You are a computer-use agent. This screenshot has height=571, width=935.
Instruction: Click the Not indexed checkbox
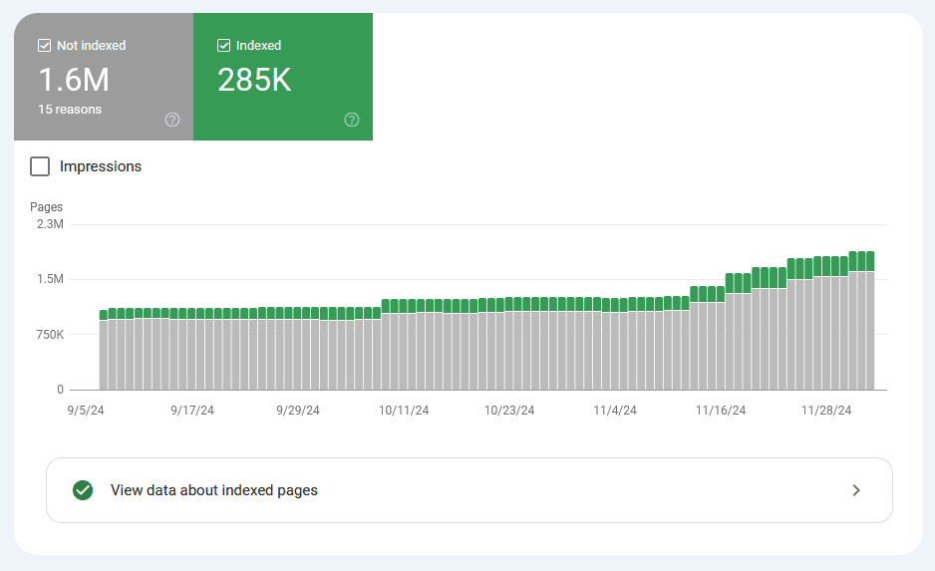pos(44,45)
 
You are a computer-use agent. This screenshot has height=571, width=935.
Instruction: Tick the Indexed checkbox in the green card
pos(223,45)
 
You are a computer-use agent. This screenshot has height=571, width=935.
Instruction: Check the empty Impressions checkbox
pos(40,166)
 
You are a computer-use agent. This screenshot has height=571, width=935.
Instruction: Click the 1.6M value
pos(74,80)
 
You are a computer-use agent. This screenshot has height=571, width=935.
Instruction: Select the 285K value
pos(254,80)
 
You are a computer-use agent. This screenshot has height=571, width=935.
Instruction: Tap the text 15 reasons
pos(70,109)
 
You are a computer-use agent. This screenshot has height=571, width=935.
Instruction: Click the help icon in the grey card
pos(172,120)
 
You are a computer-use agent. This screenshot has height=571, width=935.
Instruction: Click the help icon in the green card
pos(352,120)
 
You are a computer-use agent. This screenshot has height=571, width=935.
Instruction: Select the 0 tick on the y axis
pos(60,390)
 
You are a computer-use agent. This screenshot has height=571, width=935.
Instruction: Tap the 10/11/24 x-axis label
pos(404,410)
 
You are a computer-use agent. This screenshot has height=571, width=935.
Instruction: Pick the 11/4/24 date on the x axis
pos(615,410)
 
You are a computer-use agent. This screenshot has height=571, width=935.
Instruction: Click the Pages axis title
pos(47,207)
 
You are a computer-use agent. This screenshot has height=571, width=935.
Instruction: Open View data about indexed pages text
pos(214,490)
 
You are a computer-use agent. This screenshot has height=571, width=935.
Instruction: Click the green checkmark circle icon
pos(83,490)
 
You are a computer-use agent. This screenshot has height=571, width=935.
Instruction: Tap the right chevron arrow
pos(856,490)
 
